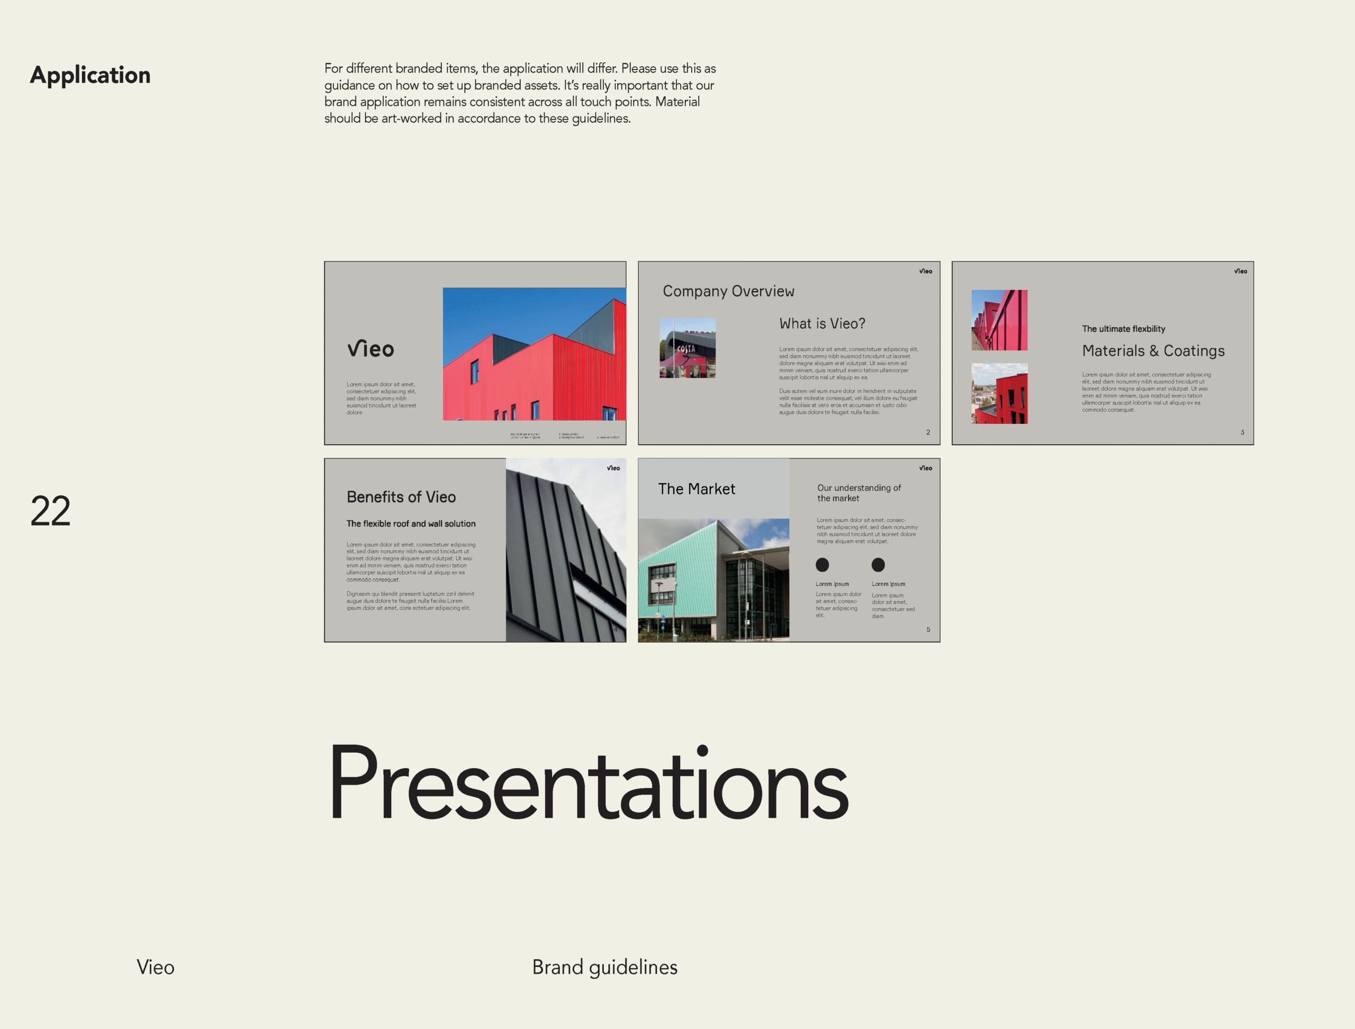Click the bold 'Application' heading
pos(90,75)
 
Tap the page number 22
pos(50,511)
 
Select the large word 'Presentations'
pos(588,783)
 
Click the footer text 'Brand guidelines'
pos(604,967)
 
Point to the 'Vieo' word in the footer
pos(155,967)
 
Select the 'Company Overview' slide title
pos(728,292)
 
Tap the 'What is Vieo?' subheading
pos(822,324)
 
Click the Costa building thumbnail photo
pos(688,348)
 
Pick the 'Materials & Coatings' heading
pos(1153,351)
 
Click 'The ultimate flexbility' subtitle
pos(1124,329)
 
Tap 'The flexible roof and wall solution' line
pos(411,523)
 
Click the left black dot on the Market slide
pos(822,565)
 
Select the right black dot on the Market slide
pos(878,565)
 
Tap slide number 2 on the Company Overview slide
pos(928,432)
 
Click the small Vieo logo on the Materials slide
pos(1241,272)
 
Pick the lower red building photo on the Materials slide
pos(999,394)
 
